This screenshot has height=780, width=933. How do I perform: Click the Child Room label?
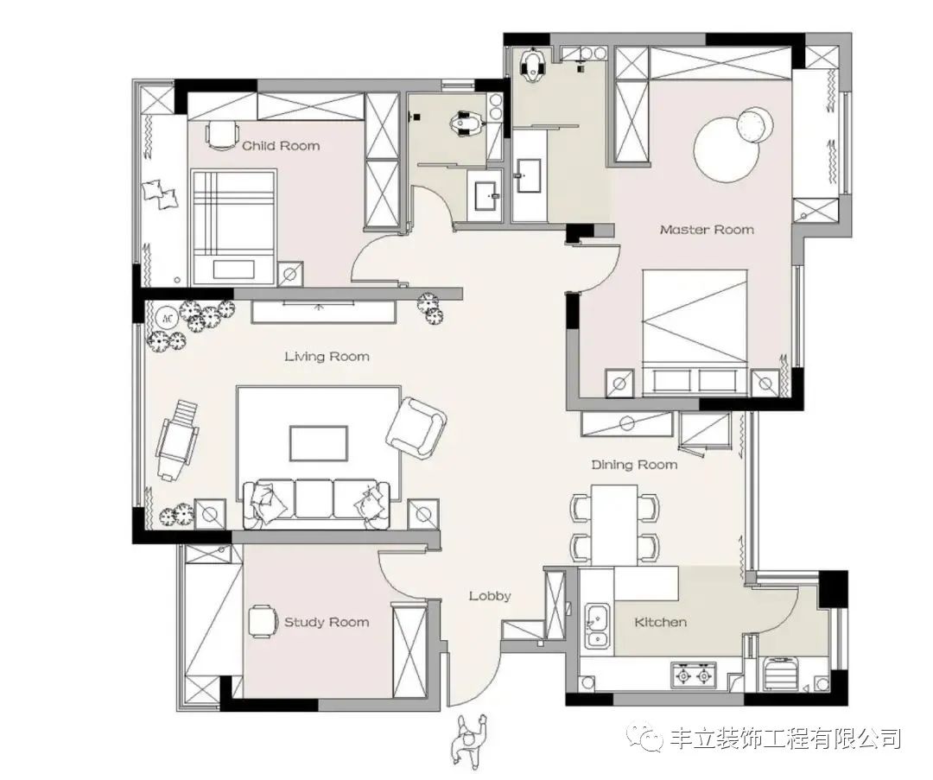click(281, 146)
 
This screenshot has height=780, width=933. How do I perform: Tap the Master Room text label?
click(707, 230)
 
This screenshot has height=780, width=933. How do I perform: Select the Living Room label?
click(327, 357)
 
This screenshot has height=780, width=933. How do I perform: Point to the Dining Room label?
click(634, 465)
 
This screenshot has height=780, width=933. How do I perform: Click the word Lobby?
click(490, 596)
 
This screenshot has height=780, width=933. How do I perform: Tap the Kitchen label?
click(661, 622)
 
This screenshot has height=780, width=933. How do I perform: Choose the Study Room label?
click(327, 622)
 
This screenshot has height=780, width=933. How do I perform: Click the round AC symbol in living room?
click(167, 316)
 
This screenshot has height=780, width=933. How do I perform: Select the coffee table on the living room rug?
click(319, 444)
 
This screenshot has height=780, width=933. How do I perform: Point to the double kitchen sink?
click(596, 627)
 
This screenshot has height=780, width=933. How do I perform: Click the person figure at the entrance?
click(469, 740)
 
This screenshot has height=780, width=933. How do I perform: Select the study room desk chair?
click(260, 621)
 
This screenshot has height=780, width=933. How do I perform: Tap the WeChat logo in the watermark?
click(649, 738)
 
